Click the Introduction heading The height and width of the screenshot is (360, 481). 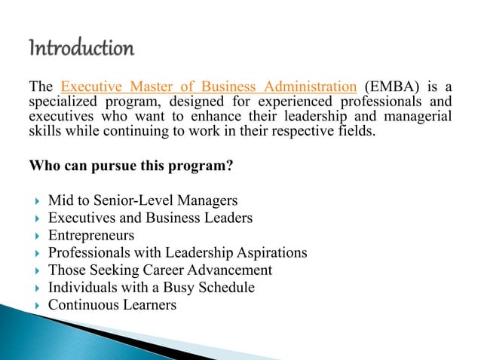(x=81, y=50)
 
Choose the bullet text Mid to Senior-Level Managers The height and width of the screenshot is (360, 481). (x=142, y=200)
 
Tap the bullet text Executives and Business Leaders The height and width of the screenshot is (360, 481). (x=150, y=218)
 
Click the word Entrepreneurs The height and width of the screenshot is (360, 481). (x=91, y=236)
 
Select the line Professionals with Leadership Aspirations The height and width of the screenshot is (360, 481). (x=177, y=253)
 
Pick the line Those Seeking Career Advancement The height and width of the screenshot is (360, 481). (x=160, y=270)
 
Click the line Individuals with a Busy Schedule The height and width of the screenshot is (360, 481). (x=151, y=288)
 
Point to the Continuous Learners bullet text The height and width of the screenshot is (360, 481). (x=112, y=305)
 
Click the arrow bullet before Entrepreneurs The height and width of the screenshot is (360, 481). (x=36, y=236)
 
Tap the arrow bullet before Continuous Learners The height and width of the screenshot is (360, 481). (x=36, y=306)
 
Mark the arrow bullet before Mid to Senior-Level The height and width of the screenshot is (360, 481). (x=36, y=201)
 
